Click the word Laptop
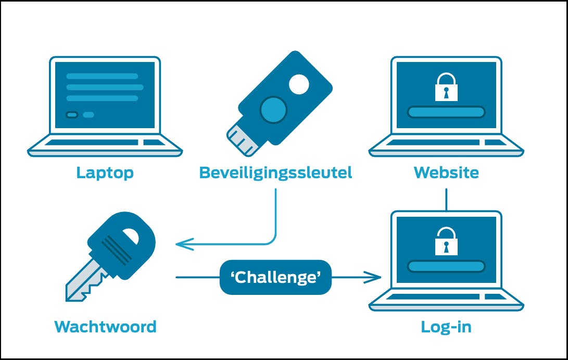point(105,172)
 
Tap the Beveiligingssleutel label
point(275,172)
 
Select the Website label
point(446,172)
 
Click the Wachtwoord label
point(105,327)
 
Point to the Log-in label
point(446,327)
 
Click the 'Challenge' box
point(275,277)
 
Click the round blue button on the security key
point(273,109)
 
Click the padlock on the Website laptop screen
point(446,88)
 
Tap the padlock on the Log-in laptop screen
point(446,241)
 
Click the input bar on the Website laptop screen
point(446,111)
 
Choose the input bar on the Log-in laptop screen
point(446,266)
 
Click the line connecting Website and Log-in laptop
point(446,200)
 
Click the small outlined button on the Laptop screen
point(72,115)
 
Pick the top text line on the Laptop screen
point(102,76)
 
